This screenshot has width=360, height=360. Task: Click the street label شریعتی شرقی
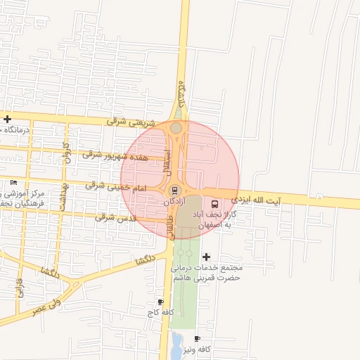coord(126,121)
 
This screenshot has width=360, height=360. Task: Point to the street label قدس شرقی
coord(114,217)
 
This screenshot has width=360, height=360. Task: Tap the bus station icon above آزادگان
coord(174,190)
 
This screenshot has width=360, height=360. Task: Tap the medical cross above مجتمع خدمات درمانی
coord(206,257)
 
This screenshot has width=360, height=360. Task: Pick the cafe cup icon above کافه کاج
coord(160,302)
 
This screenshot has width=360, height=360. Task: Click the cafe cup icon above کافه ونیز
coord(198,339)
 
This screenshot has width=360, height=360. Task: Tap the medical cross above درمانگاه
coord(7,119)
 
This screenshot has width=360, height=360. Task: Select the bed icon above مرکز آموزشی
coord(14,182)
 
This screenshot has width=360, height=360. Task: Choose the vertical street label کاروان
coord(67,152)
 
